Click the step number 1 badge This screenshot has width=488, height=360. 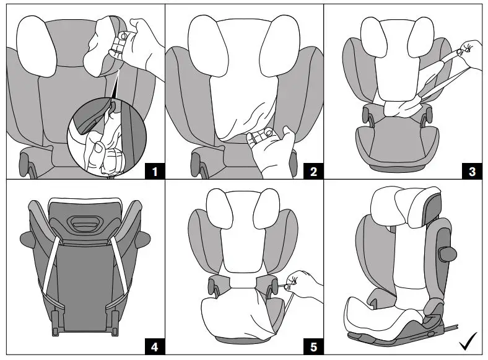coord(152,170)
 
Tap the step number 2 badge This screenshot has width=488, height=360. coord(313,170)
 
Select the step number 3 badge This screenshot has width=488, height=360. coord(473,170)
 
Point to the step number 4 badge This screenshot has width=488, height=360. coord(152,346)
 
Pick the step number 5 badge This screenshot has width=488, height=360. coord(313,346)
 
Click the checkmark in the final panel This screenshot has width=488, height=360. coord(469,341)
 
